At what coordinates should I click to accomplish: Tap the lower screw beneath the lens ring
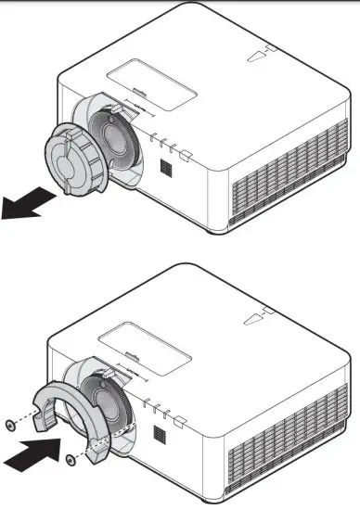72,458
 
